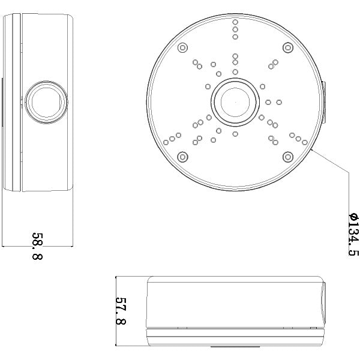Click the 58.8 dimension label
[37, 247]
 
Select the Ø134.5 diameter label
[353, 235]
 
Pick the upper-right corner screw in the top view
[287, 46]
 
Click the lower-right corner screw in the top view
[287, 157]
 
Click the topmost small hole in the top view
[235, 22]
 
